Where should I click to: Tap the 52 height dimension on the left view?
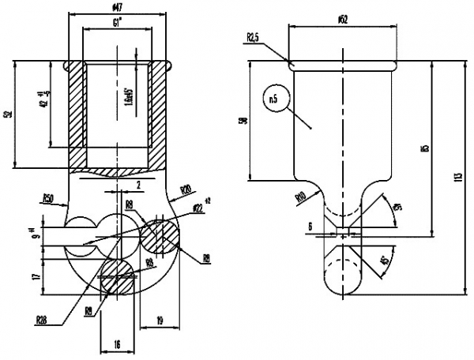click(7, 114)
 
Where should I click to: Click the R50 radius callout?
click(48, 197)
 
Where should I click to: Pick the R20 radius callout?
click(186, 190)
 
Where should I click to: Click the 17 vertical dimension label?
click(36, 277)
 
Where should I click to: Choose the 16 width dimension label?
click(117, 345)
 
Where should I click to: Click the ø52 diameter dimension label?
click(342, 19)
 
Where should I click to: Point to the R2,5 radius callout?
click(254, 37)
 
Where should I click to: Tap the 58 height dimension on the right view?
click(244, 120)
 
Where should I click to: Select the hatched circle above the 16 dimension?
click(116, 277)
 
